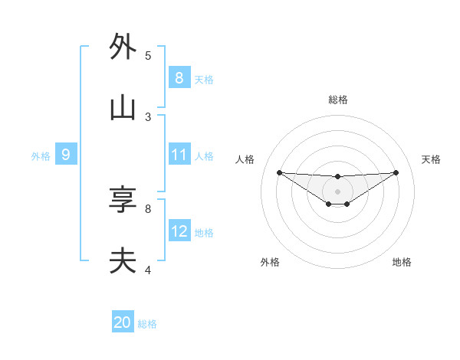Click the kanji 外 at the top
(123, 47)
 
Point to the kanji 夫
(123, 261)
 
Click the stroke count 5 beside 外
(148, 55)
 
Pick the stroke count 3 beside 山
(148, 116)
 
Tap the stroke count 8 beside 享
(148, 208)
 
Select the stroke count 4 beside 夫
(148, 270)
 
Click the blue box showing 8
(179, 77)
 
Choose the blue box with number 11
(179, 155)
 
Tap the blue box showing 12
(179, 231)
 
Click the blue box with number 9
(65, 155)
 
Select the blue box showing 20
(123, 322)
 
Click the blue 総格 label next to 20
(147, 324)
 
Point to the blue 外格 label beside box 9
(41, 156)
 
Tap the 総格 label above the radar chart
(338, 100)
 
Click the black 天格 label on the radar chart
(431, 159)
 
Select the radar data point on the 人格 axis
(279, 172)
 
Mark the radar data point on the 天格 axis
(396, 172)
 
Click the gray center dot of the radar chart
(338, 191)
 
